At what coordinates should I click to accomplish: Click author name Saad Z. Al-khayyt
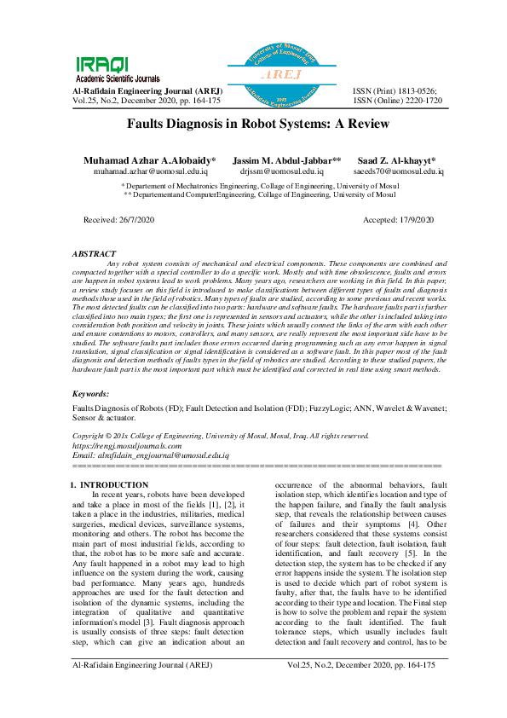click(397, 160)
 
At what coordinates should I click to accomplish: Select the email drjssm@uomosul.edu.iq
click(278, 171)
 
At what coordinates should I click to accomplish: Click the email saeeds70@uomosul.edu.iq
click(397, 171)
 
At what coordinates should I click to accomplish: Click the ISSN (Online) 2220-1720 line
click(397, 100)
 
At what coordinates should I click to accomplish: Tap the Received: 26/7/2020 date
click(118, 219)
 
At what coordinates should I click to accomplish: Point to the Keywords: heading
click(91, 394)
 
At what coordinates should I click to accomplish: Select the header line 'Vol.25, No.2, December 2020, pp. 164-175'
click(147, 100)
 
